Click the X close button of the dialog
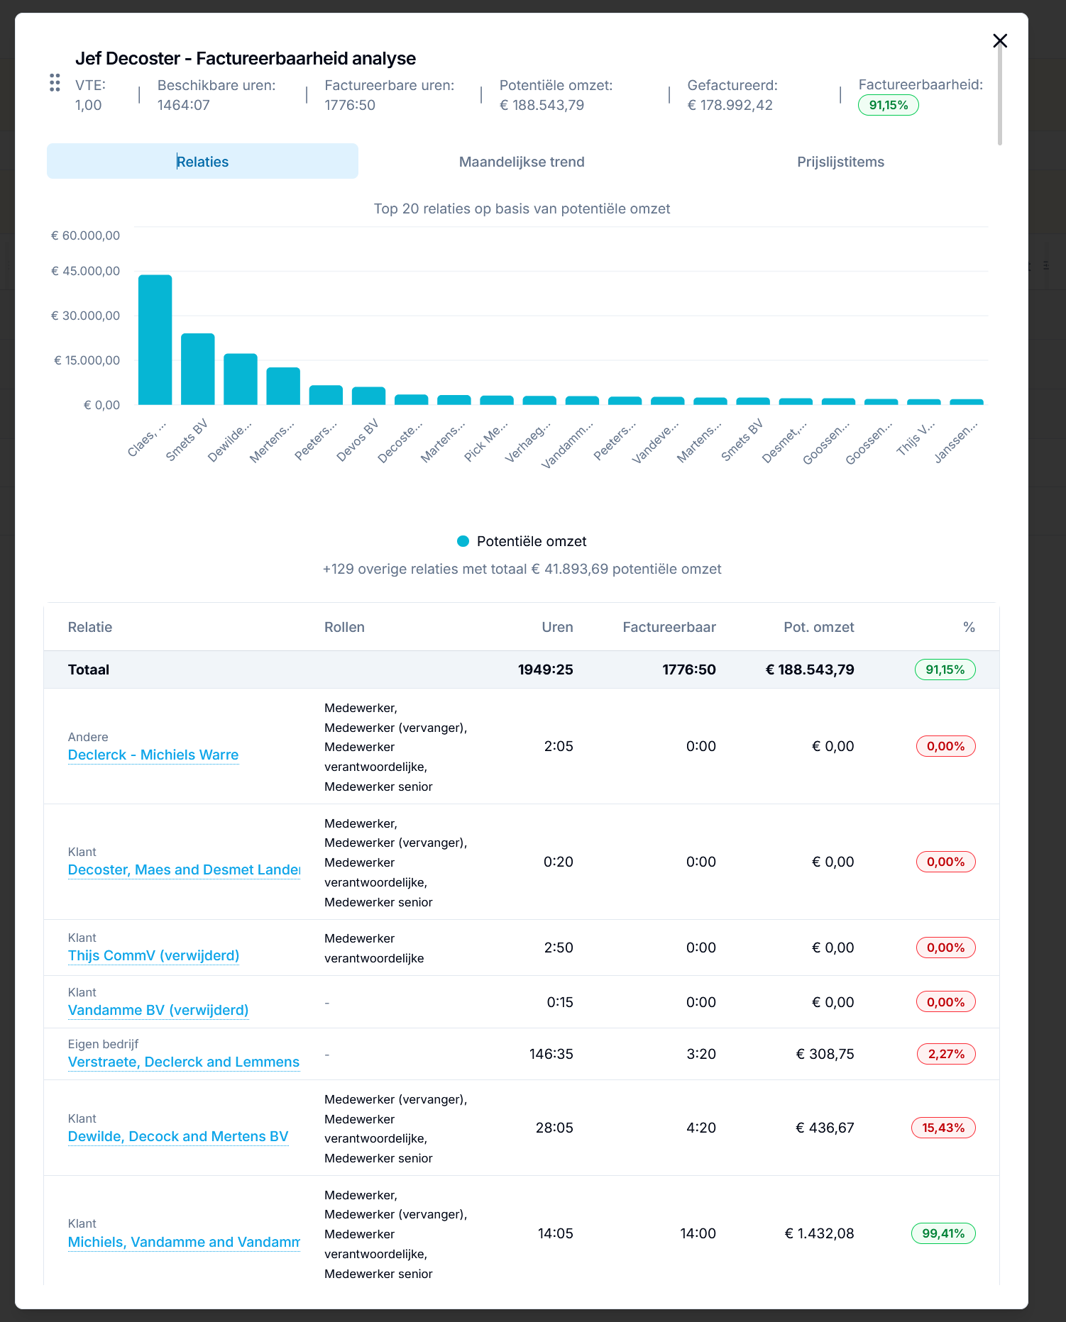(1000, 40)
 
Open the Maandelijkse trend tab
(522, 162)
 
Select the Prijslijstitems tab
(840, 162)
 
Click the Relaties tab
(202, 162)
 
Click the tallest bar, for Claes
(155, 340)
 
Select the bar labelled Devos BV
(368, 396)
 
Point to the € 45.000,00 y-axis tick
(85, 271)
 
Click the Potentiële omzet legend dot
(463, 541)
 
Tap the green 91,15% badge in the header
(889, 105)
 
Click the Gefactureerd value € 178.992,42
(730, 105)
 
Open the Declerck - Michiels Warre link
(153, 755)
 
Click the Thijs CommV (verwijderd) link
(153, 955)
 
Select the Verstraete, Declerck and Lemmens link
(184, 1062)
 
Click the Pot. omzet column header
(819, 627)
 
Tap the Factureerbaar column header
(669, 627)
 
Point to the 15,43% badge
(943, 1128)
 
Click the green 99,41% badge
(943, 1233)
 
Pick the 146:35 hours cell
(551, 1054)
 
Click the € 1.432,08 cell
(819, 1233)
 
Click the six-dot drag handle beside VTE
(55, 83)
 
